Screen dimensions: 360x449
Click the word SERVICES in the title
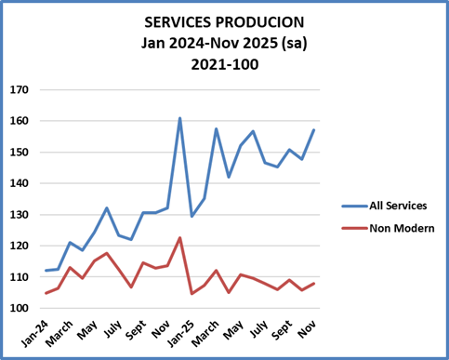(x=178, y=21)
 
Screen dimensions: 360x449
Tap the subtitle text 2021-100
(x=224, y=64)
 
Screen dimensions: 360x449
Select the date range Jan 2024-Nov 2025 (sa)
(x=224, y=43)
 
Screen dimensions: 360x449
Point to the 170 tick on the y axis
(x=20, y=90)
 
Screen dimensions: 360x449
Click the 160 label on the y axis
(x=20, y=121)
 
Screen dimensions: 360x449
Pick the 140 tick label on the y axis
(x=20, y=183)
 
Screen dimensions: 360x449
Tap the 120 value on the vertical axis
(x=20, y=246)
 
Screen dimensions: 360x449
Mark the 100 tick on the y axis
(x=20, y=308)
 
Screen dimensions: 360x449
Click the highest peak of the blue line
(x=179, y=118)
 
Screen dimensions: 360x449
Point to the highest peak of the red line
(x=179, y=237)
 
